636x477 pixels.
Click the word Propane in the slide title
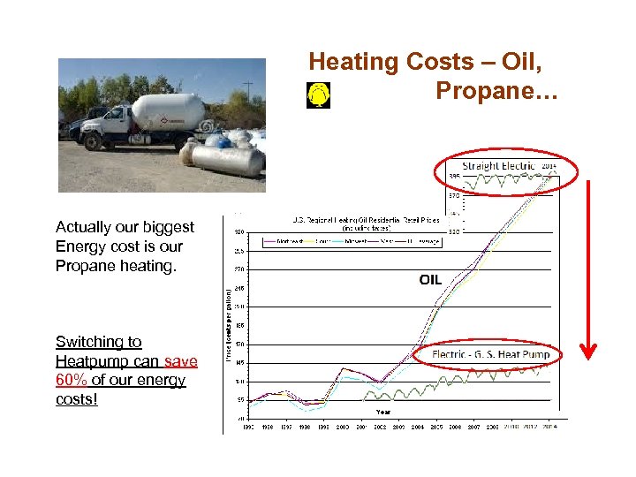[x=489, y=91]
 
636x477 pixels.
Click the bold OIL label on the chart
[x=430, y=280]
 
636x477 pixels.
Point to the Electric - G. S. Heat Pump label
[x=490, y=354]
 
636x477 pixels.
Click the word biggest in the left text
[x=165, y=227]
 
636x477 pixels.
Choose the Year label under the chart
[x=383, y=412]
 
